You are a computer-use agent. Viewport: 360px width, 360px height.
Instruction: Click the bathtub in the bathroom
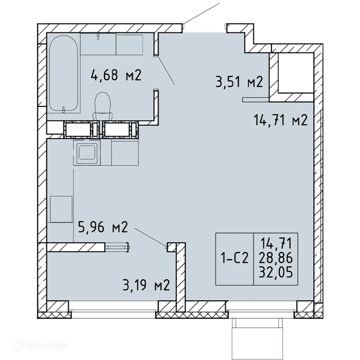click(64, 74)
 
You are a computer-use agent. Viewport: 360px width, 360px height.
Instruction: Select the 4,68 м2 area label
click(116, 75)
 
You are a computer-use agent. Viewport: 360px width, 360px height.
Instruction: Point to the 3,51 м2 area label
click(239, 82)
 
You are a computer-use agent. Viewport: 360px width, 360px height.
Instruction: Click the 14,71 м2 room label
click(280, 120)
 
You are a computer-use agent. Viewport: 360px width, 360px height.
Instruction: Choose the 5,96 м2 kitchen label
click(103, 227)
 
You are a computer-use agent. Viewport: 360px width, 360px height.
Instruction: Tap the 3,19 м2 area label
click(146, 285)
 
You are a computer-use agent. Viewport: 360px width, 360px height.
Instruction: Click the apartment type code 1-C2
click(235, 259)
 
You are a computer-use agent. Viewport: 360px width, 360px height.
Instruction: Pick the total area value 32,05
click(276, 273)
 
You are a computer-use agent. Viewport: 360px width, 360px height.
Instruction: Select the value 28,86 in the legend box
click(276, 258)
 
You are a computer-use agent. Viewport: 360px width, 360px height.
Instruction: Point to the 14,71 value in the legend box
click(276, 244)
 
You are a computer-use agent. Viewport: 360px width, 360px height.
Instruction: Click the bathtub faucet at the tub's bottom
click(64, 110)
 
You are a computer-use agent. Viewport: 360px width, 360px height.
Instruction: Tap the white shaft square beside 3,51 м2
click(296, 73)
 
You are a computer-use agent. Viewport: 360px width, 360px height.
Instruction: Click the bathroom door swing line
click(166, 70)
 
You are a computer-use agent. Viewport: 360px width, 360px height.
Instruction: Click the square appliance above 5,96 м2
click(61, 209)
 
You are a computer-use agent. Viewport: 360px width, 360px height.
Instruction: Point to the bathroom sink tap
click(98, 37)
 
